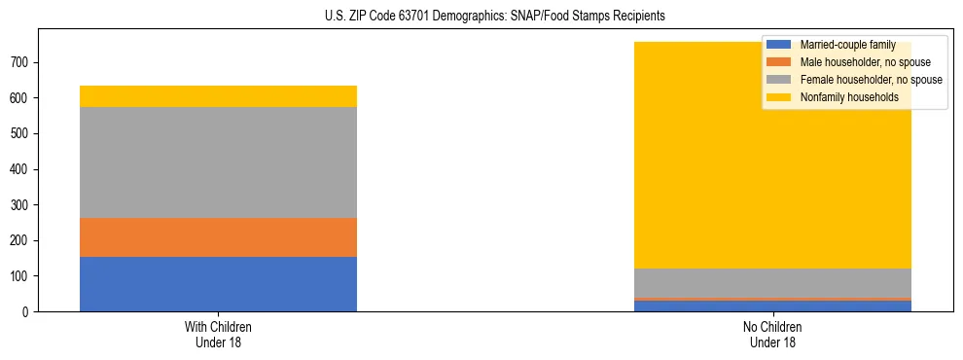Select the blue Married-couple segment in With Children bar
coord(218,284)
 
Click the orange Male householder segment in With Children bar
coord(218,237)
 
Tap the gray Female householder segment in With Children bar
coord(218,162)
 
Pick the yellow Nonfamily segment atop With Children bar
coord(218,96)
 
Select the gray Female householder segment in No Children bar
coord(772,283)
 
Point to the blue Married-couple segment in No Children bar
coord(772,306)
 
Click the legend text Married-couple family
coord(847,46)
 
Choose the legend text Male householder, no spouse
coord(858,62)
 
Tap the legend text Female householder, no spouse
coord(871,80)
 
